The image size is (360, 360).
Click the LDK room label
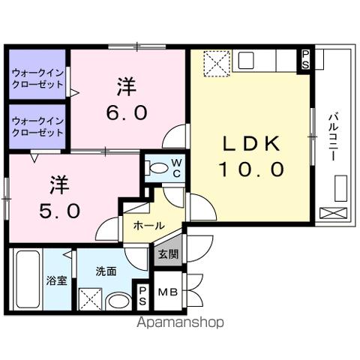[x=250, y=144]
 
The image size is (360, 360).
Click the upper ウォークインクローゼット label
[x=37, y=79]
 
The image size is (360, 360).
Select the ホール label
[x=149, y=224]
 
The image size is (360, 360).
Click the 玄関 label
[x=168, y=254]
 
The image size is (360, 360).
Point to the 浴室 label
[x=56, y=280]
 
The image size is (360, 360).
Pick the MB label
[x=168, y=292]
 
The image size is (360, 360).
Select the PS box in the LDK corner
[x=306, y=59]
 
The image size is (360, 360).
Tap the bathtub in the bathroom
[x=25, y=280]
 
